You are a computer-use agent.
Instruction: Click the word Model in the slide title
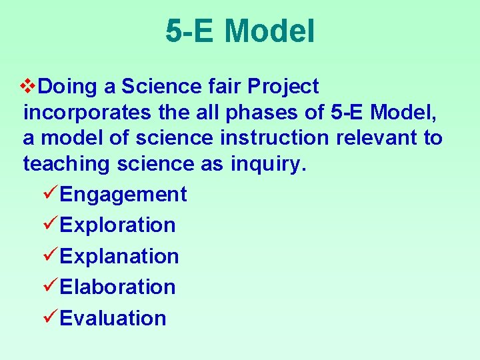coord(269,31)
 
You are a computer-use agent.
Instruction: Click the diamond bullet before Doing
coord(29,86)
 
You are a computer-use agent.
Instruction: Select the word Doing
coord(68,87)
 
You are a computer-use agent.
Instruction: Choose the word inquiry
coord(269,164)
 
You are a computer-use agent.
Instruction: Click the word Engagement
coord(123,195)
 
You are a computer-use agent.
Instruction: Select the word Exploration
coord(118,225)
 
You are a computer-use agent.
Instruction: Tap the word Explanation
coord(119,256)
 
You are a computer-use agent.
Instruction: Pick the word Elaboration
coord(118,287)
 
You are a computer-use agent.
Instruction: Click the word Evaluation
coord(113,318)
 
